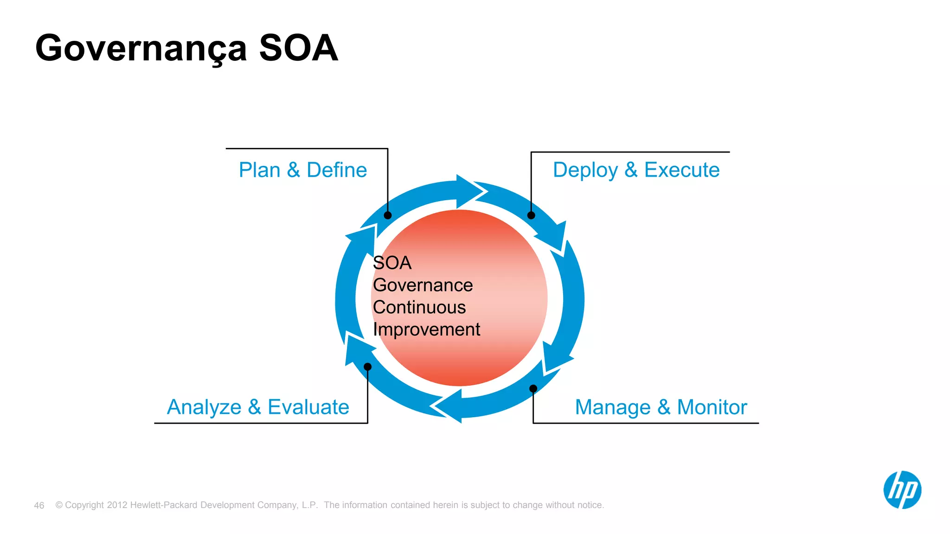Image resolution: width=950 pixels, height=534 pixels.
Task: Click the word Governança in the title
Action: click(141, 49)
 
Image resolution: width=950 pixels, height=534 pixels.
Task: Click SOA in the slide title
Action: click(298, 48)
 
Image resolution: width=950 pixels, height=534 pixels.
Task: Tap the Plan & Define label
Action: click(302, 170)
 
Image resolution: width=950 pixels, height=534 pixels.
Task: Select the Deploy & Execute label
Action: click(636, 170)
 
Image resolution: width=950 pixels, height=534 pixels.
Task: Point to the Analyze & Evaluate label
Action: click(258, 407)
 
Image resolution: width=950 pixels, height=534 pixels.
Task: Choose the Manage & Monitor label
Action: click(661, 407)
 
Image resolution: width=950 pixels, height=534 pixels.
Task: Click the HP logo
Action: click(902, 490)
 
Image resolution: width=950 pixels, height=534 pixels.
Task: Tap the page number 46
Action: click(39, 505)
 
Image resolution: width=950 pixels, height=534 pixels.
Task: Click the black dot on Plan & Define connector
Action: click(388, 215)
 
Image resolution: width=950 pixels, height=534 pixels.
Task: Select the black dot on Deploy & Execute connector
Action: click(531, 215)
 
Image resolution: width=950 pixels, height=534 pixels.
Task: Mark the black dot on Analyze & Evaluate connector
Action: click(367, 367)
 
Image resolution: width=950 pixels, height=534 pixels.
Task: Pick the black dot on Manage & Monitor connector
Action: click(533, 388)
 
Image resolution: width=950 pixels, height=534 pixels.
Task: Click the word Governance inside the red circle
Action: click(423, 285)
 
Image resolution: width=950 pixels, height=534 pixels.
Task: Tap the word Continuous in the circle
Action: click(419, 307)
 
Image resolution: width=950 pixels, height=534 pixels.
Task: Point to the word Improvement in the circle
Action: click(426, 330)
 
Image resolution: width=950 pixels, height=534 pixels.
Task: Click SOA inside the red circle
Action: click(392, 263)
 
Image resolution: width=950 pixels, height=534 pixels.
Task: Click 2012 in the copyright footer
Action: click(117, 505)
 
